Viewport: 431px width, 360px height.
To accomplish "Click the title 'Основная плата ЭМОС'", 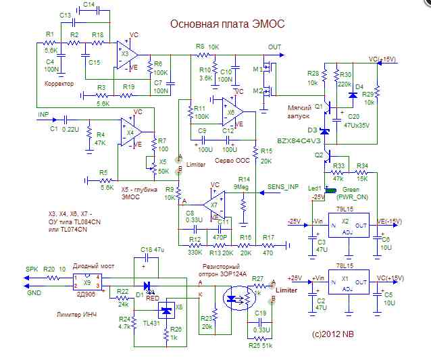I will coord(227,24).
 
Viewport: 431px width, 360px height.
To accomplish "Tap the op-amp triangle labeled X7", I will coord(213,203).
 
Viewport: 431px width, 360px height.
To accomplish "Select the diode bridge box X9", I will coord(87,280).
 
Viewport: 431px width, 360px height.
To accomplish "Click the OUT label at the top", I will coord(274,47).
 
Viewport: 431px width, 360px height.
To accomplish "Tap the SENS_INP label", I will coord(284,186).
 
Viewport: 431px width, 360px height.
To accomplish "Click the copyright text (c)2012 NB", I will coord(332,334).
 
